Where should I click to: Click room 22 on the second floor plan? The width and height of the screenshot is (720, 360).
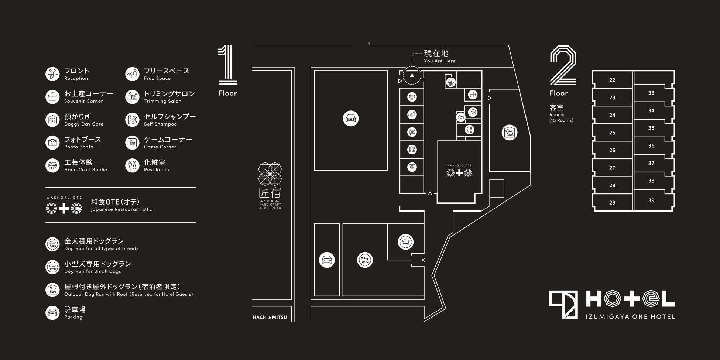coord(612,80)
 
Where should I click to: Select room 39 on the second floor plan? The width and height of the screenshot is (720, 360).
coord(651,200)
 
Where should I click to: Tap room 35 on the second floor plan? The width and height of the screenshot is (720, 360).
coord(651,128)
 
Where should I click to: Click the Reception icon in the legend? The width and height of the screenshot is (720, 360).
coord(52,74)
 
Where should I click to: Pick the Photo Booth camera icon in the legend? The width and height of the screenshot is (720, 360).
coord(52,143)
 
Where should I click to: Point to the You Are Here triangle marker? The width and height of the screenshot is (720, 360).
coord(412,76)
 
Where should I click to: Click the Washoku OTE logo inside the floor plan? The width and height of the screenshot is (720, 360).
coord(459,172)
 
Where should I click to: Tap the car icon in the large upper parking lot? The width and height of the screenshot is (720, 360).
coord(350,119)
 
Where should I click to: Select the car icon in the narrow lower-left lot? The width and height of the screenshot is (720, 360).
coord(327,260)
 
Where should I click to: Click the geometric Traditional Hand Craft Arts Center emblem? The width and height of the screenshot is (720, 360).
coord(270,174)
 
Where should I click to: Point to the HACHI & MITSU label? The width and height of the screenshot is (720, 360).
coord(270,317)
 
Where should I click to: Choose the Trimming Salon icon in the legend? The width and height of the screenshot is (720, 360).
coord(132,97)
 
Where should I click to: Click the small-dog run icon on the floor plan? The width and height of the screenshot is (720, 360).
coord(405,242)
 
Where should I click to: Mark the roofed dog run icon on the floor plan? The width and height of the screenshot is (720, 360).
coord(510,133)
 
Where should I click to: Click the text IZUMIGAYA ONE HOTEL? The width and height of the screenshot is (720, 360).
coord(630,316)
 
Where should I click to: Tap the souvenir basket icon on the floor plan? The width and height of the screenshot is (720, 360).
coord(473,95)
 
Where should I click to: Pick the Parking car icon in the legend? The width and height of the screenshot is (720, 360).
coord(52,313)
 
